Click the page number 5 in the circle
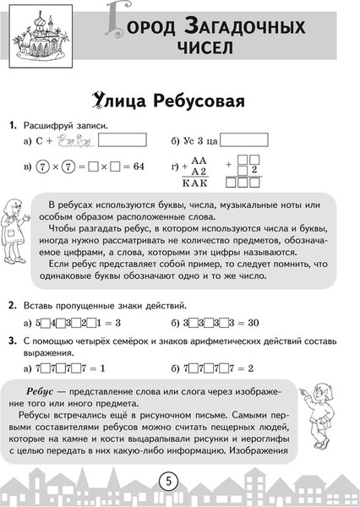[169, 482]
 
